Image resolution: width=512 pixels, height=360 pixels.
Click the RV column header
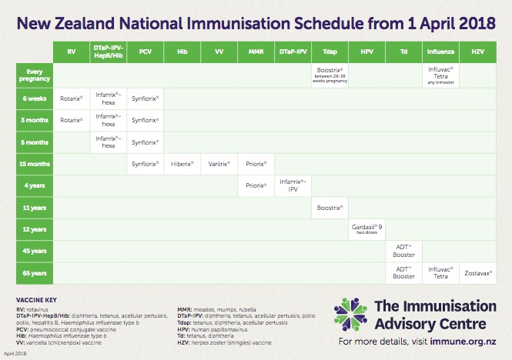pos(72,52)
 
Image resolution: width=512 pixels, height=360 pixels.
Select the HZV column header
pos(478,52)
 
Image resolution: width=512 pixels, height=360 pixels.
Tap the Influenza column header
pos(441,52)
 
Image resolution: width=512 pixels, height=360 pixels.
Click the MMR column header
pos(256,52)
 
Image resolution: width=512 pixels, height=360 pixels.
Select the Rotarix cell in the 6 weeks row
pos(72,98)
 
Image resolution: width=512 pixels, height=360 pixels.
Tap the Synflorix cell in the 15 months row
pos(146,164)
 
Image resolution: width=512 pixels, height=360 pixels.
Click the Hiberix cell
pos(182,164)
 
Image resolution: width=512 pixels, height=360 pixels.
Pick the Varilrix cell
pos(219,164)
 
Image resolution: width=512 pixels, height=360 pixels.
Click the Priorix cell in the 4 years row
pos(256,185)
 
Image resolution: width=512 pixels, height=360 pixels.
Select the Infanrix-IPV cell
pos(293,185)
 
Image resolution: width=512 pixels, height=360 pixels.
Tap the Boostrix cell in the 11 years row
pos(330,207)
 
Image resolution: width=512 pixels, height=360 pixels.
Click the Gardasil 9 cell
pos(367,228)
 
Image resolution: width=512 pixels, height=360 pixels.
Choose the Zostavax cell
pos(478,272)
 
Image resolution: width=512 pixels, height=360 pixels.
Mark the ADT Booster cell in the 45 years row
pos(404,251)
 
